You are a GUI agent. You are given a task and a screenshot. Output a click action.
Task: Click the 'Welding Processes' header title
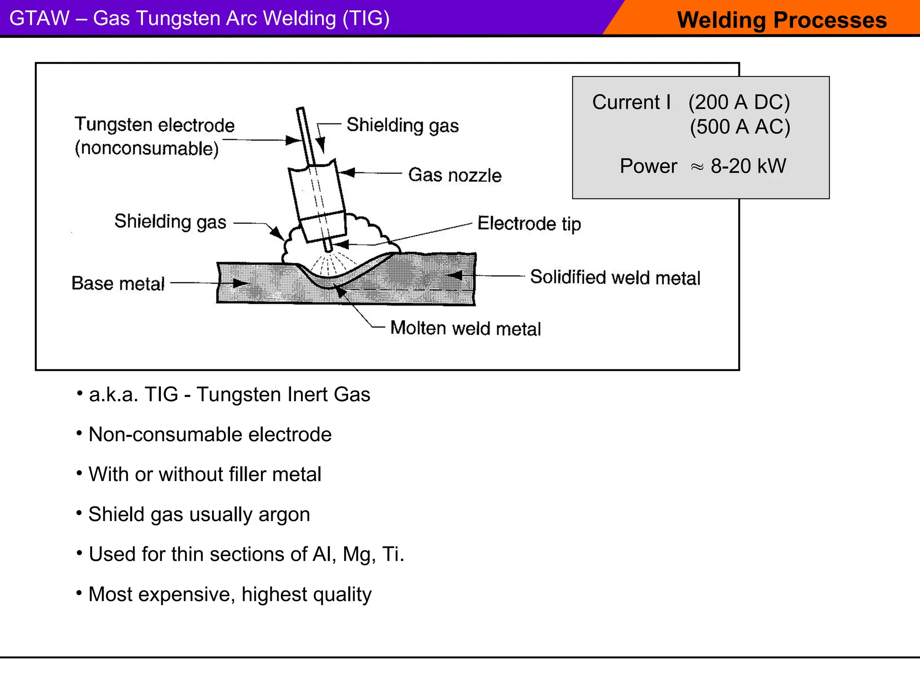pyautogui.click(x=782, y=20)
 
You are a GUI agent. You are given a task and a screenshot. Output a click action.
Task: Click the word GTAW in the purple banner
pyautogui.click(x=40, y=18)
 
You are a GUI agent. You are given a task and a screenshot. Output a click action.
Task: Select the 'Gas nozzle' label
pyautogui.click(x=455, y=175)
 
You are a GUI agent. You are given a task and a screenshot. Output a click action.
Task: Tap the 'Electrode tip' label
pyautogui.click(x=529, y=223)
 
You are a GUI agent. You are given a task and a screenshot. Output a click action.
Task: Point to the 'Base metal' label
pyautogui.click(x=118, y=283)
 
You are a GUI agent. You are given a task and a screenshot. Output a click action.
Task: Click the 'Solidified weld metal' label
pyautogui.click(x=615, y=277)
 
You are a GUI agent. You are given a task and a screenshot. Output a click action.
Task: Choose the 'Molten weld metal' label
pyautogui.click(x=465, y=328)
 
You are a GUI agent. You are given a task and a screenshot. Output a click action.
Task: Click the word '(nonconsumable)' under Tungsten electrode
pyautogui.click(x=147, y=148)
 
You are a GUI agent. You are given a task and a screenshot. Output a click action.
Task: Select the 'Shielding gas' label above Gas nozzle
pyautogui.click(x=402, y=125)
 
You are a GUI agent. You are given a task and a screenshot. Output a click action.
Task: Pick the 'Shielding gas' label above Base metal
pyautogui.click(x=170, y=221)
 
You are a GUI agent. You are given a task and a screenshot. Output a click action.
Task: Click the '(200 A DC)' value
pyautogui.click(x=739, y=102)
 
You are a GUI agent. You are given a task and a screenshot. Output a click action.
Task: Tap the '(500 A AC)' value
pyautogui.click(x=740, y=127)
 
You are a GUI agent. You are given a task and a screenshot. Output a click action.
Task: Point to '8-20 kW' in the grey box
pyautogui.click(x=748, y=166)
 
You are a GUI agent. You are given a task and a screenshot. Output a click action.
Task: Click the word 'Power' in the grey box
pyautogui.click(x=648, y=166)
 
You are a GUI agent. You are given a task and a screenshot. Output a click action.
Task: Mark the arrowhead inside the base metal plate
pyautogui.click(x=240, y=283)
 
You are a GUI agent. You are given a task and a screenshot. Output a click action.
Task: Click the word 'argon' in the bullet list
pyautogui.click(x=284, y=514)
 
